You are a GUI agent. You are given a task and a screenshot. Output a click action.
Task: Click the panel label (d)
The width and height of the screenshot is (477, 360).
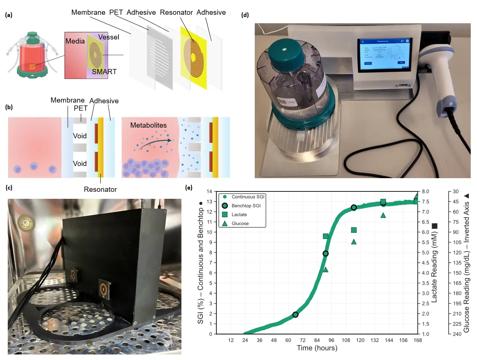245,15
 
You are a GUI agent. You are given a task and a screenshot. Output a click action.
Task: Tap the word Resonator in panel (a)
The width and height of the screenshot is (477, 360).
176,13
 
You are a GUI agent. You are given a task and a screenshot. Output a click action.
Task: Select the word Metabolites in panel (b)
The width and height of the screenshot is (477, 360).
148,125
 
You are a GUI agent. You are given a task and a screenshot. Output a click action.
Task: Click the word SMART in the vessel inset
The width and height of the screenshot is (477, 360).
104,72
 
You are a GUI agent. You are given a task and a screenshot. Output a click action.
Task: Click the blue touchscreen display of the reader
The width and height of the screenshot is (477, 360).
384,54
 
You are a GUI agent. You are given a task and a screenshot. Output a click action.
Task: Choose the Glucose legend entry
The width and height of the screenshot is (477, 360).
240,224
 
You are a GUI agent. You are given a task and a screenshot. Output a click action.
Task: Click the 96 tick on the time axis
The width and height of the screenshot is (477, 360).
331,340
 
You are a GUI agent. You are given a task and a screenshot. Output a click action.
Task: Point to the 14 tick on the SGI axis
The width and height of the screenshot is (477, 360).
209,191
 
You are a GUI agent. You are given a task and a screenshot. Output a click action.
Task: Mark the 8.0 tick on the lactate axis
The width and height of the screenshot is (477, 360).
425,191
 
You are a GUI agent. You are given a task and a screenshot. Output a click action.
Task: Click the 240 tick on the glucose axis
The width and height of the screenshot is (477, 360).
457,334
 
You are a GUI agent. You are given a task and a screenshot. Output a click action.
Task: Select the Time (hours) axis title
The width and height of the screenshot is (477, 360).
317,348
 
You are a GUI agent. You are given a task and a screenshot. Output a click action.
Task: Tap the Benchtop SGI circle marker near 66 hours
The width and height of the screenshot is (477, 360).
295,315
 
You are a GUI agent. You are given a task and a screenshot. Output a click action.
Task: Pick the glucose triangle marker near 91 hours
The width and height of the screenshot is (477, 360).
326,270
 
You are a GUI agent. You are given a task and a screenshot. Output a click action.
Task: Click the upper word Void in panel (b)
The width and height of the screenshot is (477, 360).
80,136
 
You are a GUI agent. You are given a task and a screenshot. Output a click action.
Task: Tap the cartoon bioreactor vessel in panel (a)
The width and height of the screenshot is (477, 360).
32,55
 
